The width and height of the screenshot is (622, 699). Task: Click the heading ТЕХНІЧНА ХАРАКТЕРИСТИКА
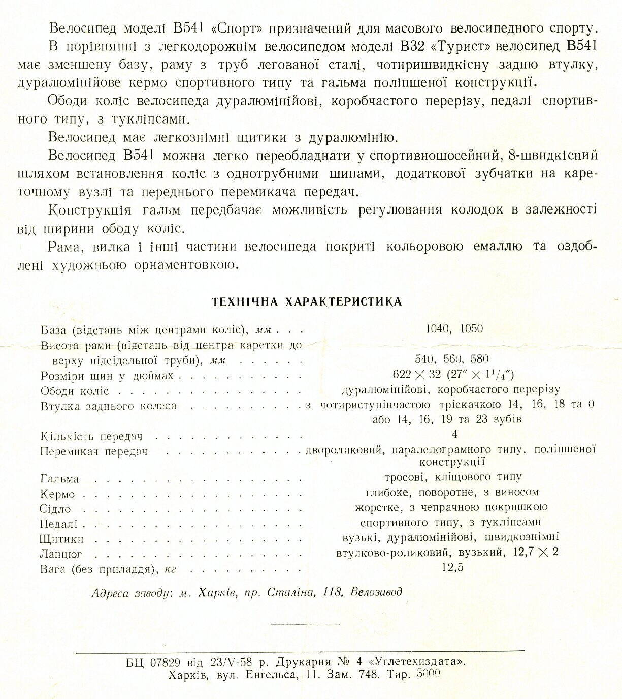coord(307,302)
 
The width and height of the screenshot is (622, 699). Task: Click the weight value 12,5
coord(452,568)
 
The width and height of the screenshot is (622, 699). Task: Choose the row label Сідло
coord(55,509)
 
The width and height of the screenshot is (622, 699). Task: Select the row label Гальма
coord(59,479)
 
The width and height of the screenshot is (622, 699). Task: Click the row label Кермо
coord(57,494)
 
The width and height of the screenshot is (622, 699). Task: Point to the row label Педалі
coord(58,524)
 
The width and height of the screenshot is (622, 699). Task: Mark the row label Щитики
coord(61,539)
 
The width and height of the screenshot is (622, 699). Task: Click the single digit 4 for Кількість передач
coord(454,434)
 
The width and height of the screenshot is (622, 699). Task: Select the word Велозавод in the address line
coord(376,592)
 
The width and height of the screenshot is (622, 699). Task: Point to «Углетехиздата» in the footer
coord(417,662)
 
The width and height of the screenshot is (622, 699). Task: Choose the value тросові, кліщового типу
coord(453,477)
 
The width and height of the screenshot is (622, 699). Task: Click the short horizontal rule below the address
coord(305,624)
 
